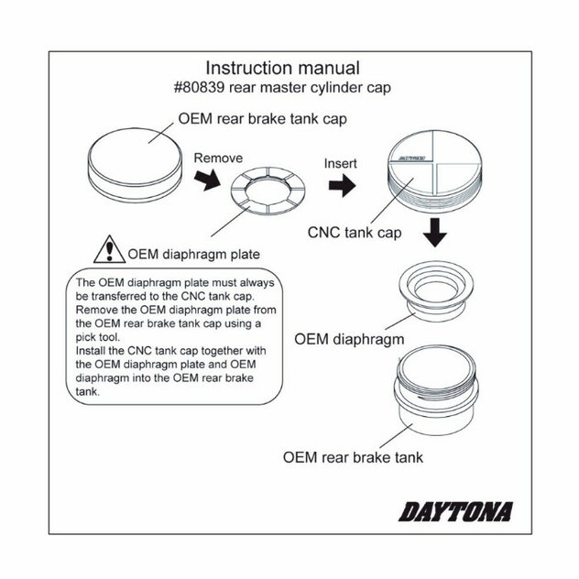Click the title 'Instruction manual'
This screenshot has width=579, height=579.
pyautogui.click(x=281, y=68)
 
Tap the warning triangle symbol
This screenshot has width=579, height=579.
pyautogui.click(x=110, y=249)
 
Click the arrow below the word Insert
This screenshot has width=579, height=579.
pyautogui.click(x=341, y=186)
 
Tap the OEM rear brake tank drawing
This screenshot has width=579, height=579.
pyautogui.click(x=436, y=399)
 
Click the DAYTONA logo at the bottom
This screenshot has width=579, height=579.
pyautogui.click(x=456, y=510)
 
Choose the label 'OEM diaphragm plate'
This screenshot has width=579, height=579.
pyautogui.click(x=194, y=253)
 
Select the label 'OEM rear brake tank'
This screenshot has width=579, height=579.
pyautogui.click(x=353, y=456)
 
